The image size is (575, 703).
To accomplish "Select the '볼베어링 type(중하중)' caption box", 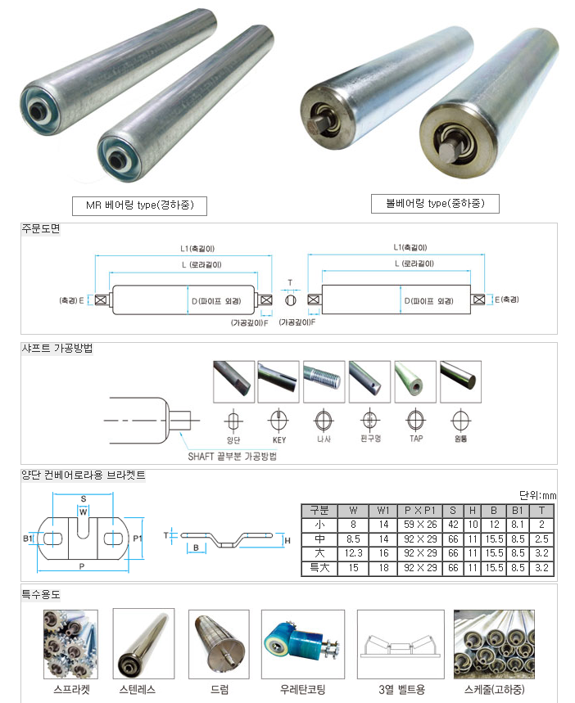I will pyautogui.click(x=435, y=203).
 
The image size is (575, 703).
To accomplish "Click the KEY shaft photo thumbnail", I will pyautogui.click(x=278, y=381).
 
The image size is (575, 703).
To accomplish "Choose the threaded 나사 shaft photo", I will pyautogui.click(x=323, y=381).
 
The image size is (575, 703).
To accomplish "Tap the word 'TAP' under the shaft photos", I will pyautogui.click(x=415, y=439).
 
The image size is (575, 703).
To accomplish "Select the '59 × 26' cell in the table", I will pyautogui.click(x=419, y=524).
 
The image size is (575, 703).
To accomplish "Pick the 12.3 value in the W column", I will pyautogui.click(x=354, y=553).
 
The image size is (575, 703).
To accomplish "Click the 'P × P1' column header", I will pyautogui.click(x=419, y=510).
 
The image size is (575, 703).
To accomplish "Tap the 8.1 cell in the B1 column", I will pyautogui.click(x=518, y=524).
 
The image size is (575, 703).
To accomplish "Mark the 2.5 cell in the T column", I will pyautogui.click(x=541, y=539).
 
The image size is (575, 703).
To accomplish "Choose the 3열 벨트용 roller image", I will pyautogui.click(x=392, y=643).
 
